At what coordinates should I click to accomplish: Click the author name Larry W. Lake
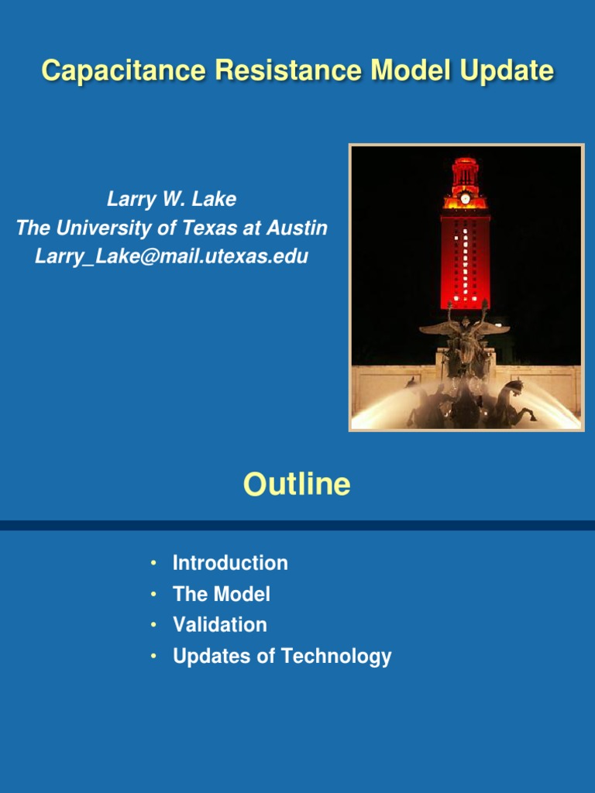click(x=171, y=200)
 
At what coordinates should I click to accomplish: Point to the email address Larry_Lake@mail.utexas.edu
click(x=171, y=256)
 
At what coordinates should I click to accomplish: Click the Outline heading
click(x=297, y=485)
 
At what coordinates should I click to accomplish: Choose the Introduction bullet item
click(x=230, y=563)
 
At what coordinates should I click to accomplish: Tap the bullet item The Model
click(x=221, y=595)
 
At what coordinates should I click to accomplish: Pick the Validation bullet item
click(x=219, y=625)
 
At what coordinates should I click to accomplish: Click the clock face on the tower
click(x=465, y=198)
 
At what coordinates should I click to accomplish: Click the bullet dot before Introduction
click(x=154, y=562)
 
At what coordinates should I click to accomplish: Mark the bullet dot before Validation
click(x=154, y=625)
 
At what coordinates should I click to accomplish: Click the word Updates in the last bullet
click(x=204, y=657)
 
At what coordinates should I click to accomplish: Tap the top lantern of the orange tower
click(x=465, y=172)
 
